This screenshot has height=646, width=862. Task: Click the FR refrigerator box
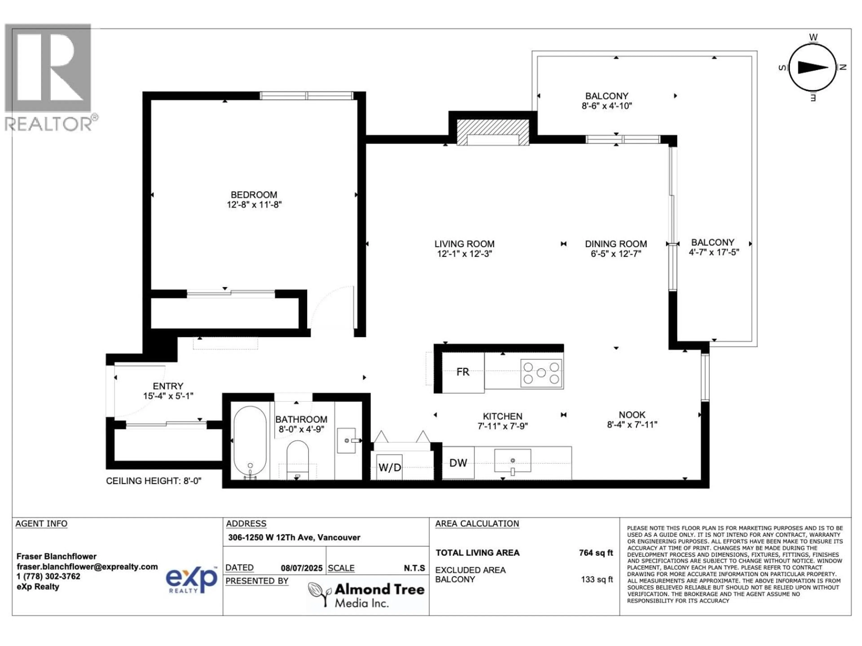(x=463, y=372)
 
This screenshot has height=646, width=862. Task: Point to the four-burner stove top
(x=541, y=373)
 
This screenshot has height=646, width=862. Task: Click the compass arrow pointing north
(x=813, y=67)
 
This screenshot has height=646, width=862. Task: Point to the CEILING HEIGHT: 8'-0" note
(x=154, y=481)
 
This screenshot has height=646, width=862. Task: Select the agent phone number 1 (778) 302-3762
(x=48, y=576)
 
